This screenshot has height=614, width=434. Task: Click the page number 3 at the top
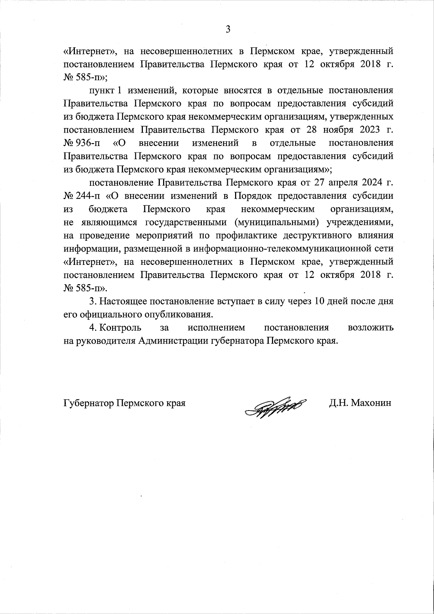(228, 29)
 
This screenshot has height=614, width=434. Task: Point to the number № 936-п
(82, 143)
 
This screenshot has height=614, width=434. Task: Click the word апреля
(335, 183)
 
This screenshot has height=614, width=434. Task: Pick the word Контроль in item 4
(120, 328)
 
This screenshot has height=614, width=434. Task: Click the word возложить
(370, 328)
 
